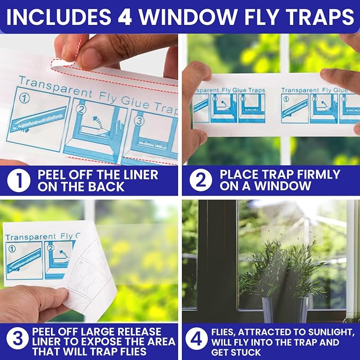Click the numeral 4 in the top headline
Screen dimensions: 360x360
[125, 17]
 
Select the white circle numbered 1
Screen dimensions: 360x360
[19, 181]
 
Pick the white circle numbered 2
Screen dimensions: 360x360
[200, 180]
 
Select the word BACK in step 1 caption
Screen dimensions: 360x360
[106, 187]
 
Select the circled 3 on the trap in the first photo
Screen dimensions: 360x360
[139, 121]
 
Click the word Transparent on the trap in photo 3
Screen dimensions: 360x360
[30, 236]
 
